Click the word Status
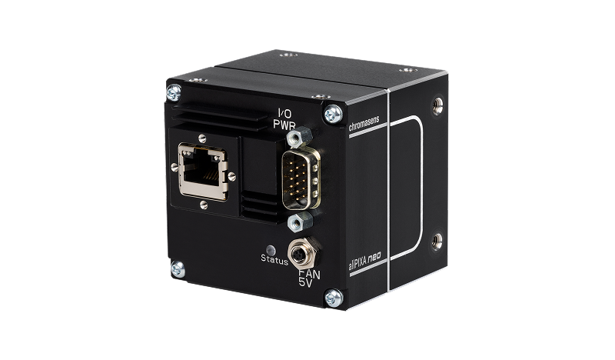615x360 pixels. point(274,261)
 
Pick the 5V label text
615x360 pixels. point(306,282)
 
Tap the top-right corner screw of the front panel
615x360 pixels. point(332,113)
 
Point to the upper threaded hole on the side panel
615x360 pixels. point(437,102)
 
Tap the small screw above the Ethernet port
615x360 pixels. point(201,138)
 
